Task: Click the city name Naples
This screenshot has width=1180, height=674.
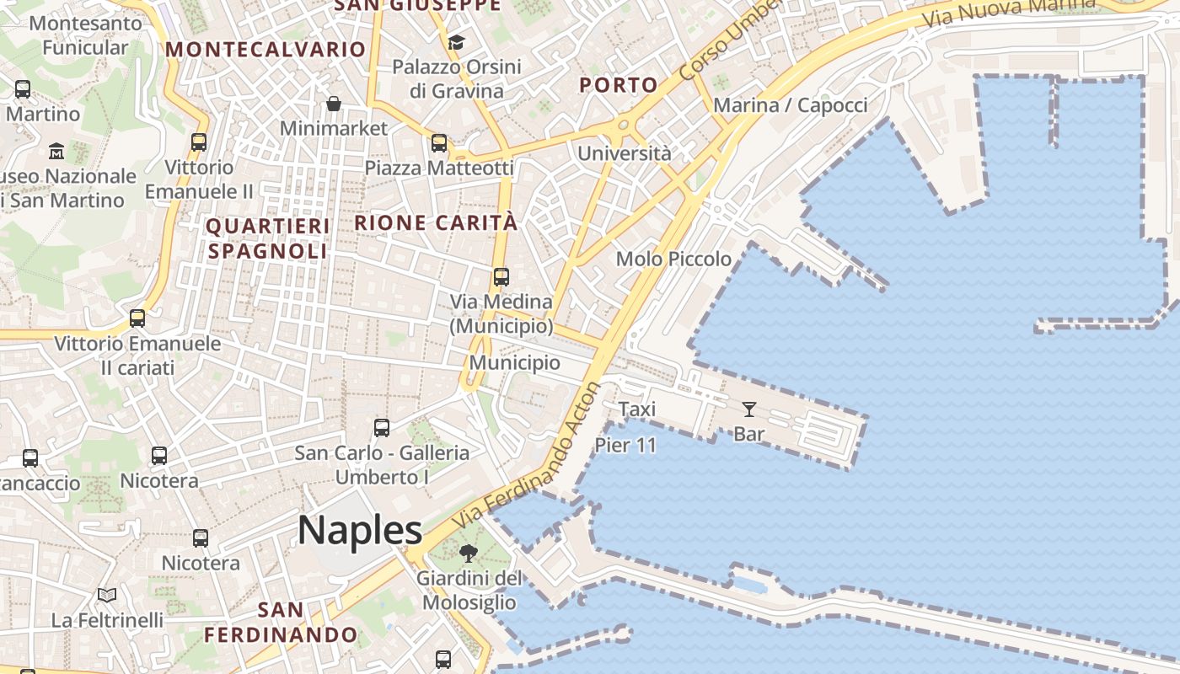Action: point(360,531)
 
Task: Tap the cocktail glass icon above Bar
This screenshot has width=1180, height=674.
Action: point(748,409)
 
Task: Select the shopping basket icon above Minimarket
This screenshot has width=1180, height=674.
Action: point(334,104)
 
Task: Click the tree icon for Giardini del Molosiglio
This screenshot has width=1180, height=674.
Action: point(469,554)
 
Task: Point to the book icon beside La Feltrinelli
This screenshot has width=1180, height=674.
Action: point(107,596)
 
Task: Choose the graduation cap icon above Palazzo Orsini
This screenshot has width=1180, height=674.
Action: point(456,42)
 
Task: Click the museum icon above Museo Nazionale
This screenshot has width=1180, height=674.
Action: point(56,152)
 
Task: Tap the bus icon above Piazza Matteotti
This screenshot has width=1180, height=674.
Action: point(439,142)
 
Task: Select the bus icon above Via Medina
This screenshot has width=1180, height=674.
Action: point(501,276)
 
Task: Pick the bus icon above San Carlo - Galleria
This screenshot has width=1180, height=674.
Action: point(382,427)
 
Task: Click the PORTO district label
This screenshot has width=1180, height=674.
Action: point(619,85)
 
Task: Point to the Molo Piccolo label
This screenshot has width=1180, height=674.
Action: point(673,259)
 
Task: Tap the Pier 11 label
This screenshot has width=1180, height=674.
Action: point(625,445)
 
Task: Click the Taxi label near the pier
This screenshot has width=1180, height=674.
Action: point(636,409)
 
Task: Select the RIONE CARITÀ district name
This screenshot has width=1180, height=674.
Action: point(436,223)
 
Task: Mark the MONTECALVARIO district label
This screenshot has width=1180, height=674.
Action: point(265,49)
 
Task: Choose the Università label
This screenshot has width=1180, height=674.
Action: point(625,153)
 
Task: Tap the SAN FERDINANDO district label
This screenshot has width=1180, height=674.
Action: point(281,622)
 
